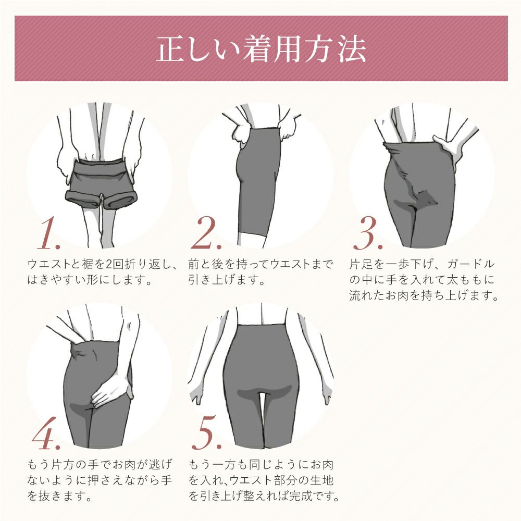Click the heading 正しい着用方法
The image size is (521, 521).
pyautogui.click(x=261, y=49)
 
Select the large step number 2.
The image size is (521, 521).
pyautogui.click(x=206, y=233)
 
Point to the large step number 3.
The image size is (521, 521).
pyautogui.click(x=368, y=233)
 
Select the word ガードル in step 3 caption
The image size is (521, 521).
pyautogui.click(x=471, y=264)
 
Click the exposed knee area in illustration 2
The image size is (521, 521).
pyautogui.click(x=252, y=240)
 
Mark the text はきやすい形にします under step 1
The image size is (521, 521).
pyautogui.click(x=90, y=280)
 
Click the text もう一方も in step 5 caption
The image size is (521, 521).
pyautogui.click(x=219, y=465)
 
